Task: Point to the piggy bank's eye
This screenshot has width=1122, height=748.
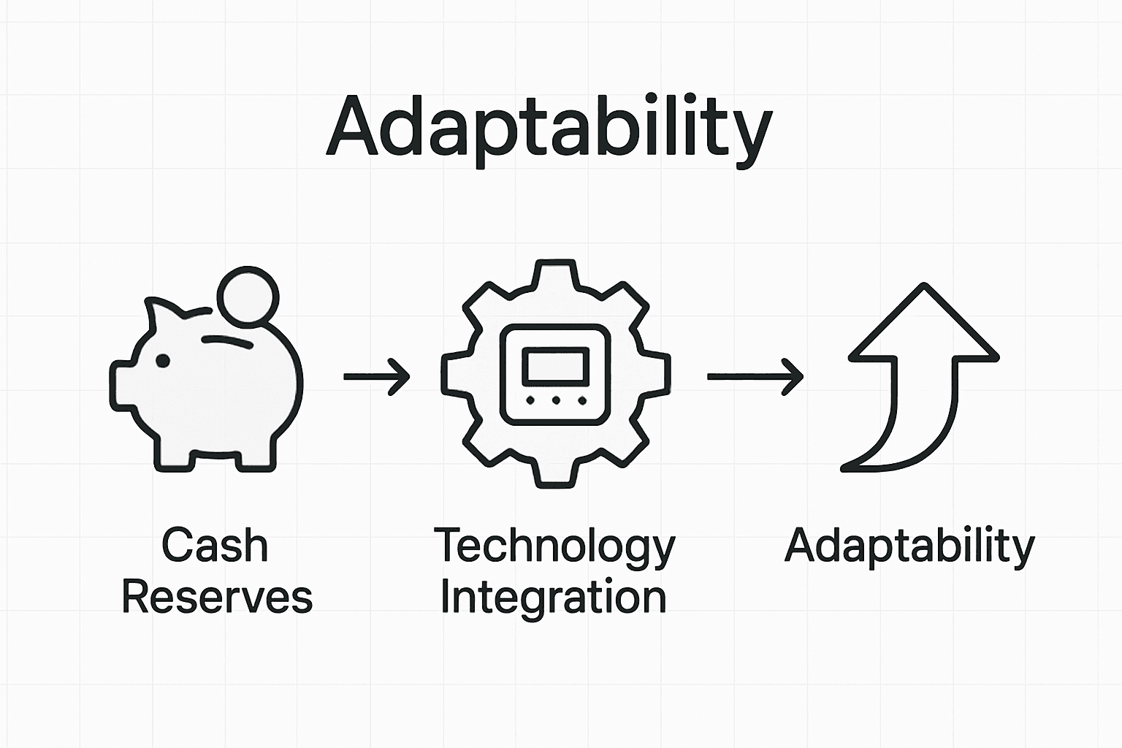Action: tap(162, 360)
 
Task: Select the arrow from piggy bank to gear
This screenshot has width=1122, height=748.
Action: tap(376, 377)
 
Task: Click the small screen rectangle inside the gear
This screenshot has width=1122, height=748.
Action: tap(556, 365)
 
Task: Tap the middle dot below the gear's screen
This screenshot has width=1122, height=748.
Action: tap(556, 400)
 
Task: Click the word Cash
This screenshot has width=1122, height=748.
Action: tap(215, 546)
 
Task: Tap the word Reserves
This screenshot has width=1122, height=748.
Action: tap(217, 597)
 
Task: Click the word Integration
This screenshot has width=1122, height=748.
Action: tap(554, 598)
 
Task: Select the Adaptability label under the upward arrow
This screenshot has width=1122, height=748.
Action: tap(910, 546)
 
